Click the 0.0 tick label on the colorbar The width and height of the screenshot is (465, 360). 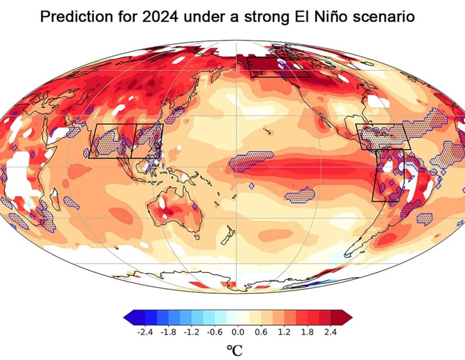click(x=238, y=332)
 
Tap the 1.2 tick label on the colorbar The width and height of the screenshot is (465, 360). click(x=284, y=332)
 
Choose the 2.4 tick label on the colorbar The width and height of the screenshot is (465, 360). click(x=330, y=332)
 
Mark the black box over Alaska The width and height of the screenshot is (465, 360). click(x=278, y=67)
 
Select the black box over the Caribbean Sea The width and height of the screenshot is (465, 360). click(x=384, y=137)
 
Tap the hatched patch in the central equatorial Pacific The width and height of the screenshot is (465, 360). click(x=253, y=161)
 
